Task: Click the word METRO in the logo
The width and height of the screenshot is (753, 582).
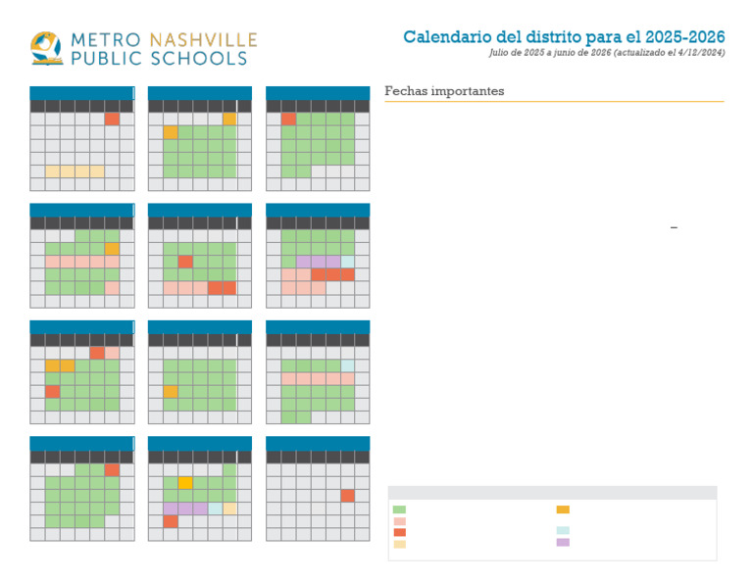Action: point(106,41)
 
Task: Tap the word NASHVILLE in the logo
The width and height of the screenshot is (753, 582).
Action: point(204,41)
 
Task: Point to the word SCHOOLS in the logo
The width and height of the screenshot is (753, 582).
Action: point(200,59)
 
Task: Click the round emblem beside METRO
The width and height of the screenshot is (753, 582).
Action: point(46,48)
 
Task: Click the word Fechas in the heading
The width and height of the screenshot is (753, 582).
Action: point(402,91)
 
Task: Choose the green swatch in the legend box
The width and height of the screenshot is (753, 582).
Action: point(399,509)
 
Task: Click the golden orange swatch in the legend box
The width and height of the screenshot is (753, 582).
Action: point(563,509)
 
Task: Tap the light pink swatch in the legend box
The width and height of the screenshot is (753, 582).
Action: point(399,521)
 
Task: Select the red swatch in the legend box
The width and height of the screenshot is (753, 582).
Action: point(399,532)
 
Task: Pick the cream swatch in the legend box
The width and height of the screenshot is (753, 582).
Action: point(399,544)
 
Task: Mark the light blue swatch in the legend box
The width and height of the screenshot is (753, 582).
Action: point(563,530)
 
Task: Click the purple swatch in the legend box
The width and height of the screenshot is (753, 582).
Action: point(563,542)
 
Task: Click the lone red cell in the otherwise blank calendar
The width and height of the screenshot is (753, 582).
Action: point(347,496)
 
